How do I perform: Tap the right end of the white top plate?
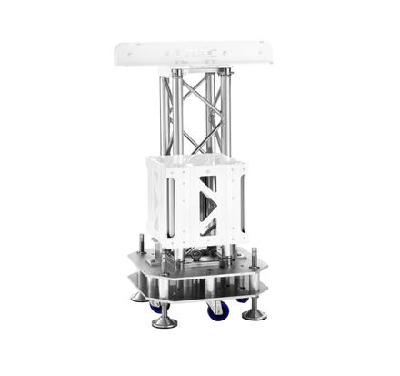272,55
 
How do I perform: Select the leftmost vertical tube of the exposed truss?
164,114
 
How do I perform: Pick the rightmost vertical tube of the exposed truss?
226,114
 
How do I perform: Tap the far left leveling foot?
138,295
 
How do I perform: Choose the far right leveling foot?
255,312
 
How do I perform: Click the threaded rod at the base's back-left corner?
143,243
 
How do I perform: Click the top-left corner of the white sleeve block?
148,158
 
